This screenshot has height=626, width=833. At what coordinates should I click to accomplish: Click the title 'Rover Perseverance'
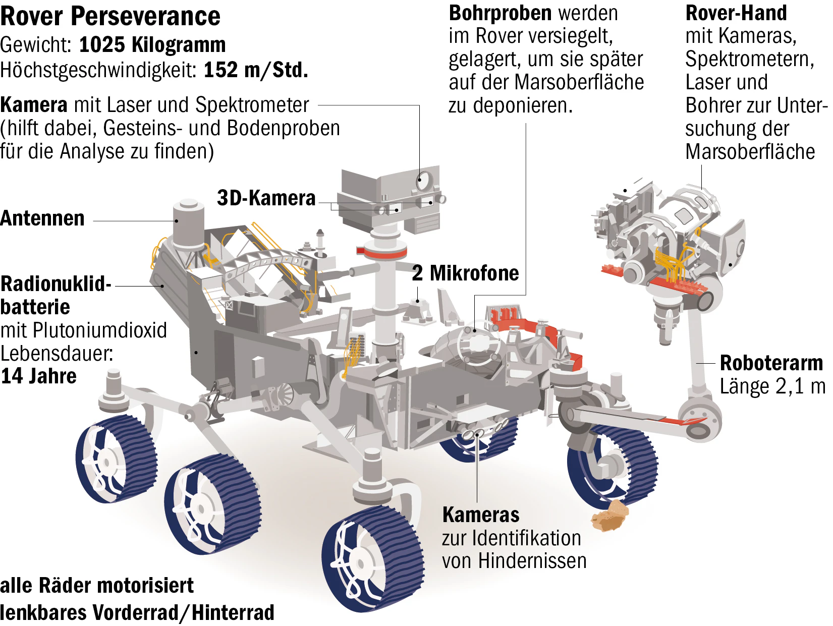coord(110,16)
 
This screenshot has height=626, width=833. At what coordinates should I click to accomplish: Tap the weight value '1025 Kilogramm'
coord(152,45)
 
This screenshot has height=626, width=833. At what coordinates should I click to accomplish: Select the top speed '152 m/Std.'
coord(256,70)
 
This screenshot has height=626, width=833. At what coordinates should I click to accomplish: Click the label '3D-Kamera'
coord(266,198)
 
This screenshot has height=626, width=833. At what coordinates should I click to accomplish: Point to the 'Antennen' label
coord(42,218)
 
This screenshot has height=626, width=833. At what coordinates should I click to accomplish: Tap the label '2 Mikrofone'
coord(465,273)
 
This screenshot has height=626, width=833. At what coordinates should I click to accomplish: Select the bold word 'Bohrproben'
coord(500,13)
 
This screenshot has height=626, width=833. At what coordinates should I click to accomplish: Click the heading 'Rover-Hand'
coord(736,13)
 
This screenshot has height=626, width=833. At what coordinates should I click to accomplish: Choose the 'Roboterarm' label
coord(771,363)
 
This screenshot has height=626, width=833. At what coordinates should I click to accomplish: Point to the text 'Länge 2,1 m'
coord(772,386)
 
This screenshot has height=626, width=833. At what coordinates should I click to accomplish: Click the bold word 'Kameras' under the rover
coord(481,515)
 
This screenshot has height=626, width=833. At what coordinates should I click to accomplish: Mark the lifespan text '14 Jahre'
coord(39,376)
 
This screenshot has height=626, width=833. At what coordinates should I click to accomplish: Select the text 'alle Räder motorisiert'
coord(97,586)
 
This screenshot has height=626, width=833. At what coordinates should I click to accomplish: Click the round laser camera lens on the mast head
coord(424,181)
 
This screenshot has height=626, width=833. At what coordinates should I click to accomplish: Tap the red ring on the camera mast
coord(382,252)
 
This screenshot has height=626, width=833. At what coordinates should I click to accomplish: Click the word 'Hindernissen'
coord(532,561)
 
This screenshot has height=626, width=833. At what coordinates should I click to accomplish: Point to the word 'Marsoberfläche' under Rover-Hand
coord(750,152)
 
